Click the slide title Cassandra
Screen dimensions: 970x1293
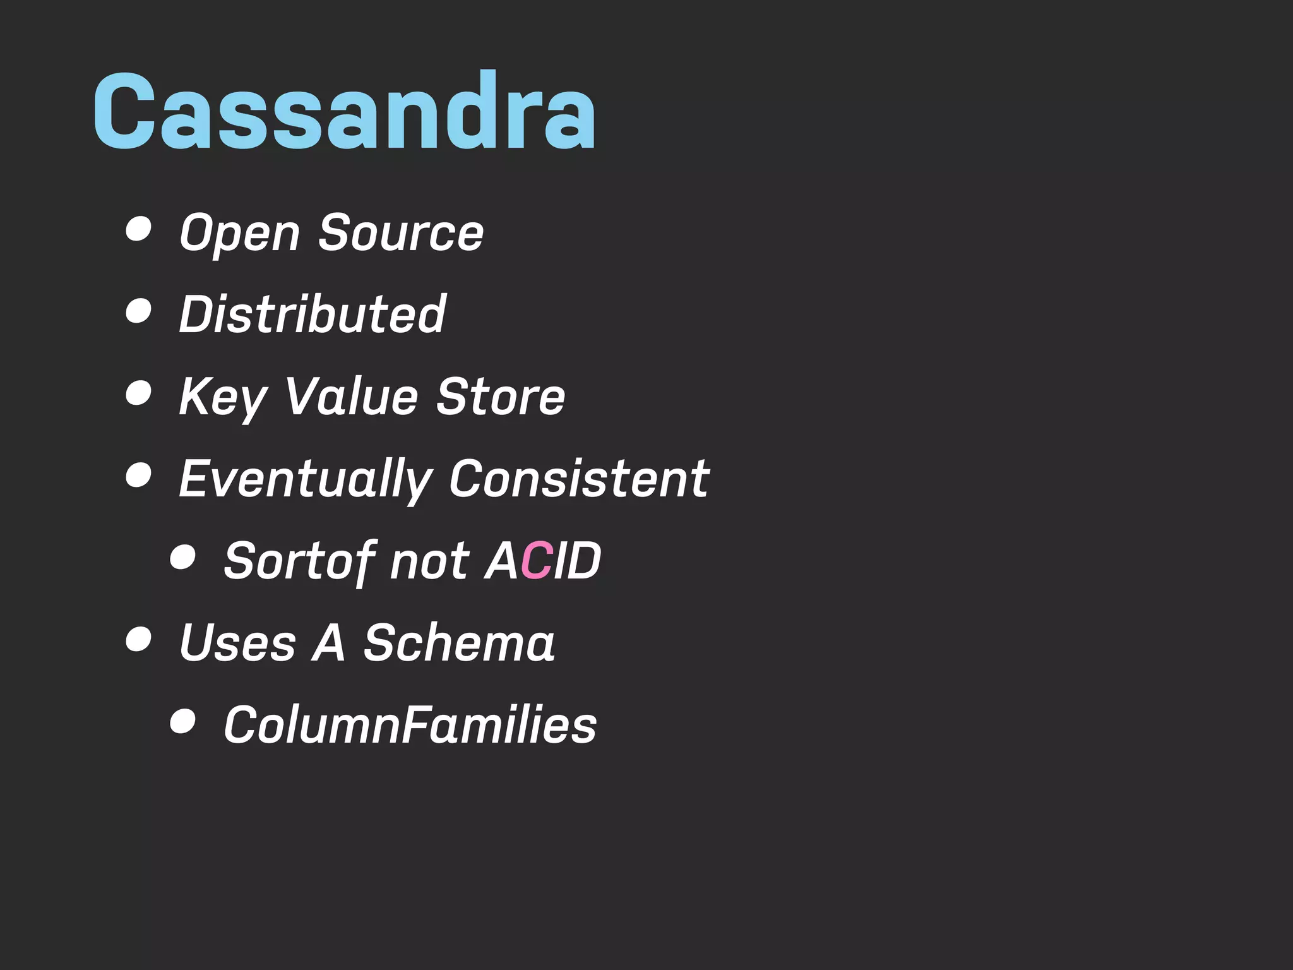point(344,111)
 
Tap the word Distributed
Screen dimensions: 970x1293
point(313,314)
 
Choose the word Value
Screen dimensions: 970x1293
point(352,397)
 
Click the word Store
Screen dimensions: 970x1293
point(501,397)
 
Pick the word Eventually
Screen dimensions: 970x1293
point(305,479)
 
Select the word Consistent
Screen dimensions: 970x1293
point(579,479)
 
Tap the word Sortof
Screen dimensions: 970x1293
point(300,561)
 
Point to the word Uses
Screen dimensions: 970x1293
point(237,643)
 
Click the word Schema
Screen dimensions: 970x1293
point(459,643)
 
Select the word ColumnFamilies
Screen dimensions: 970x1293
point(410,725)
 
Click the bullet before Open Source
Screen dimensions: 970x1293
point(138,229)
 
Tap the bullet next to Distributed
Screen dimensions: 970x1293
point(138,311)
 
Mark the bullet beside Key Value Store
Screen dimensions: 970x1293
point(138,393)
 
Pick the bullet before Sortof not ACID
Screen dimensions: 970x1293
point(182,557)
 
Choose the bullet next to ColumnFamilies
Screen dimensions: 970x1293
point(182,721)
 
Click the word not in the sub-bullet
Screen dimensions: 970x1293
point(429,561)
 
